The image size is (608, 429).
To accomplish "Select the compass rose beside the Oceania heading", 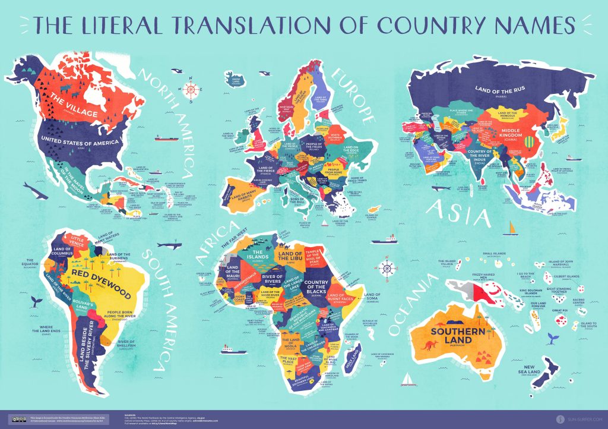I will [387, 267].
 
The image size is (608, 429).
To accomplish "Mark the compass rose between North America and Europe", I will [191, 91].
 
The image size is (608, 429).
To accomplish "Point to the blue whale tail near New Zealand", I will [552, 337].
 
